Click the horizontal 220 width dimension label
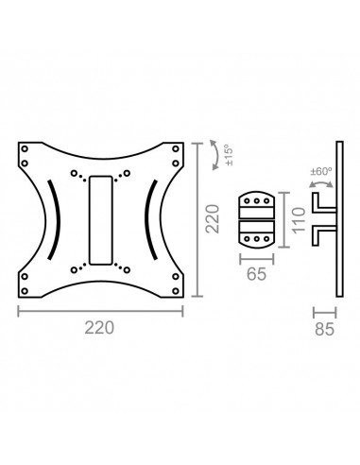coord(99,328)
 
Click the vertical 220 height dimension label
coord(213,218)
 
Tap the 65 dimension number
coord(256,274)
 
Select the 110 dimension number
coord(299,220)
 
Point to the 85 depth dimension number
coord(324,330)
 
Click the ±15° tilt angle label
coord(229,155)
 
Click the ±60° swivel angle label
coord(321,172)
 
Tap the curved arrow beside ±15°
coord(215,155)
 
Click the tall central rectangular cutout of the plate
coord(101,220)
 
